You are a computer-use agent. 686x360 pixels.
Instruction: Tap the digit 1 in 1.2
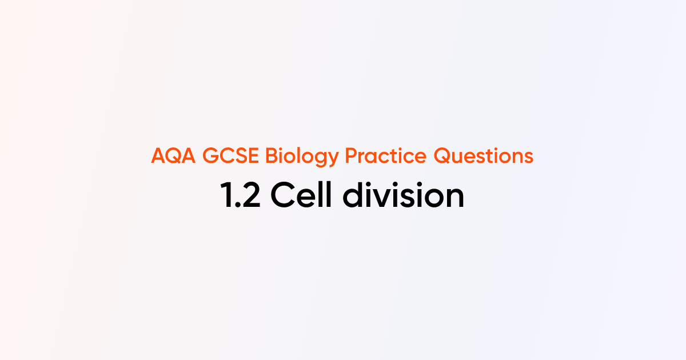click(x=226, y=196)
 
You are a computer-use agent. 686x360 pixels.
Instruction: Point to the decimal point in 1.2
click(x=237, y=206)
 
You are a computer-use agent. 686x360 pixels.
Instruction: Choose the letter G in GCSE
click(x=210, y=156)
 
